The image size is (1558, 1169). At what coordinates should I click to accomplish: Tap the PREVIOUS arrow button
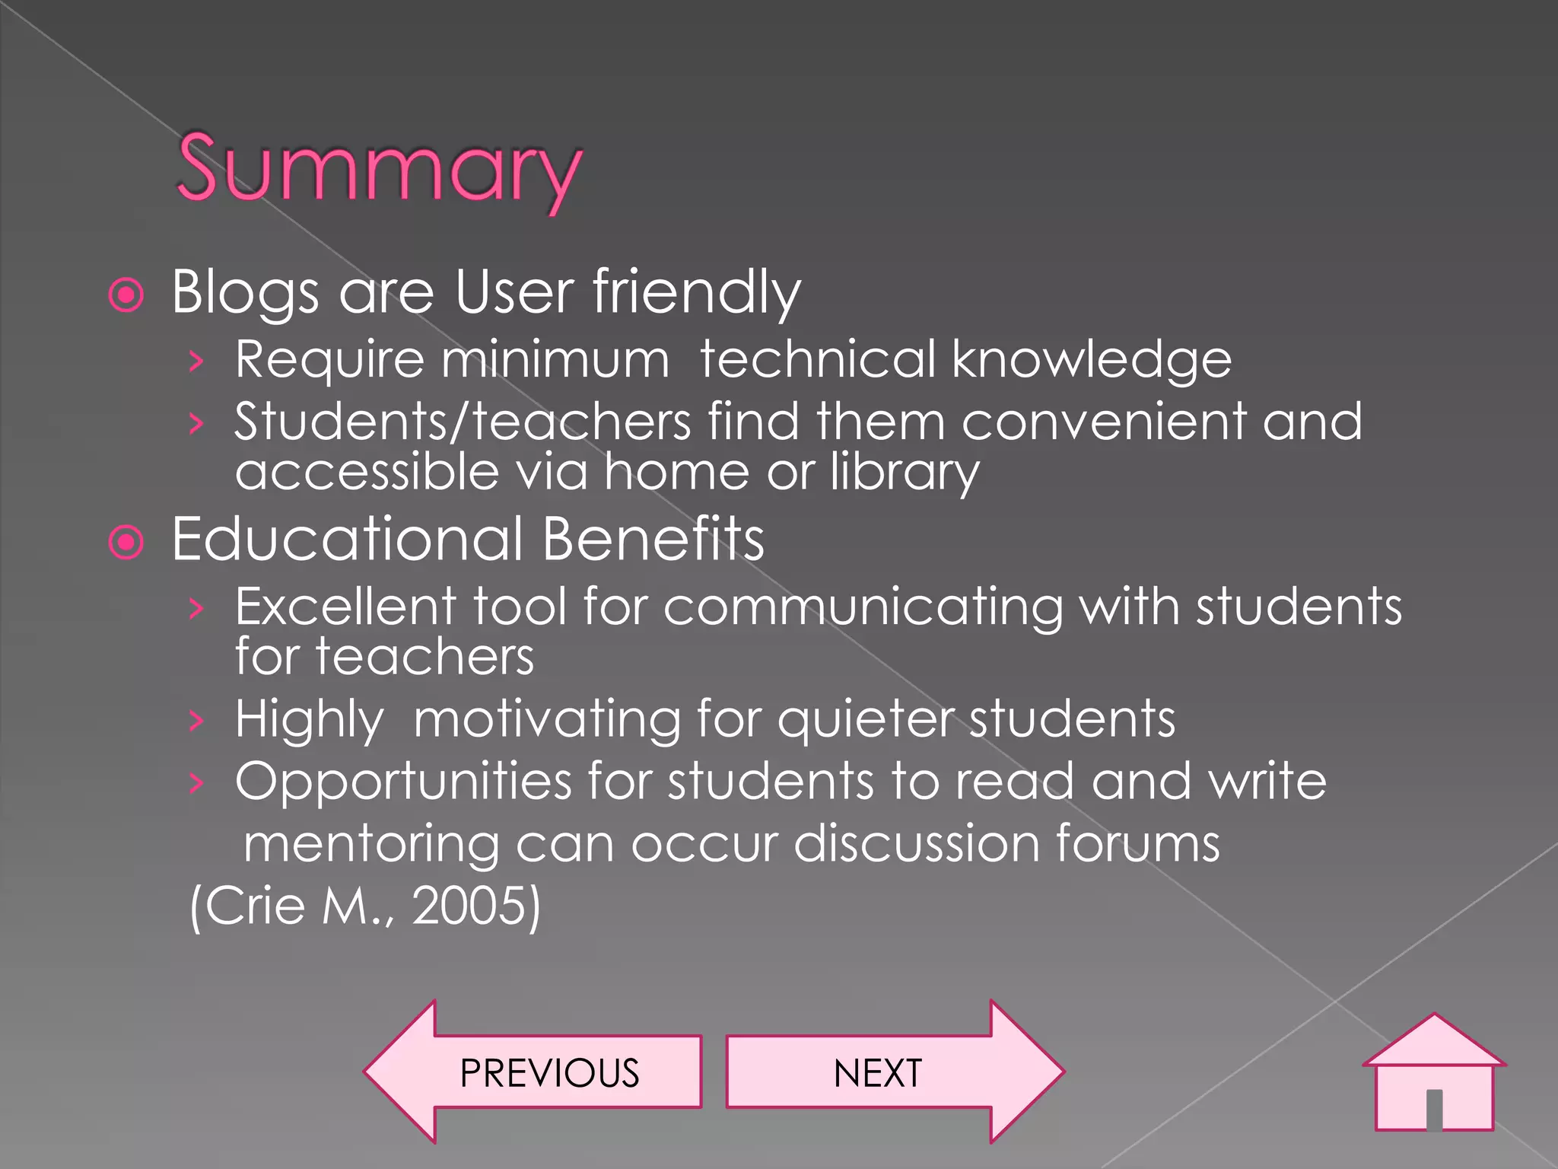point(533,1072)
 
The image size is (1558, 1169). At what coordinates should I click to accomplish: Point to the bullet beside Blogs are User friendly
point(126,295)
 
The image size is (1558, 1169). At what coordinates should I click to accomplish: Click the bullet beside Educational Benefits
point(126,543)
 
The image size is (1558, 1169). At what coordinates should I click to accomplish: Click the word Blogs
point(245,292)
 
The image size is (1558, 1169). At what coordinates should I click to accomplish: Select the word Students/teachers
point(463,422)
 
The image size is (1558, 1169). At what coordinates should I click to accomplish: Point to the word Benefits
point(653,539)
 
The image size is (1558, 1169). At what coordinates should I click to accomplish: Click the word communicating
point(863,608)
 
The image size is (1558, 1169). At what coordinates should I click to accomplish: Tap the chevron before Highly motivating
point(196,719)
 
